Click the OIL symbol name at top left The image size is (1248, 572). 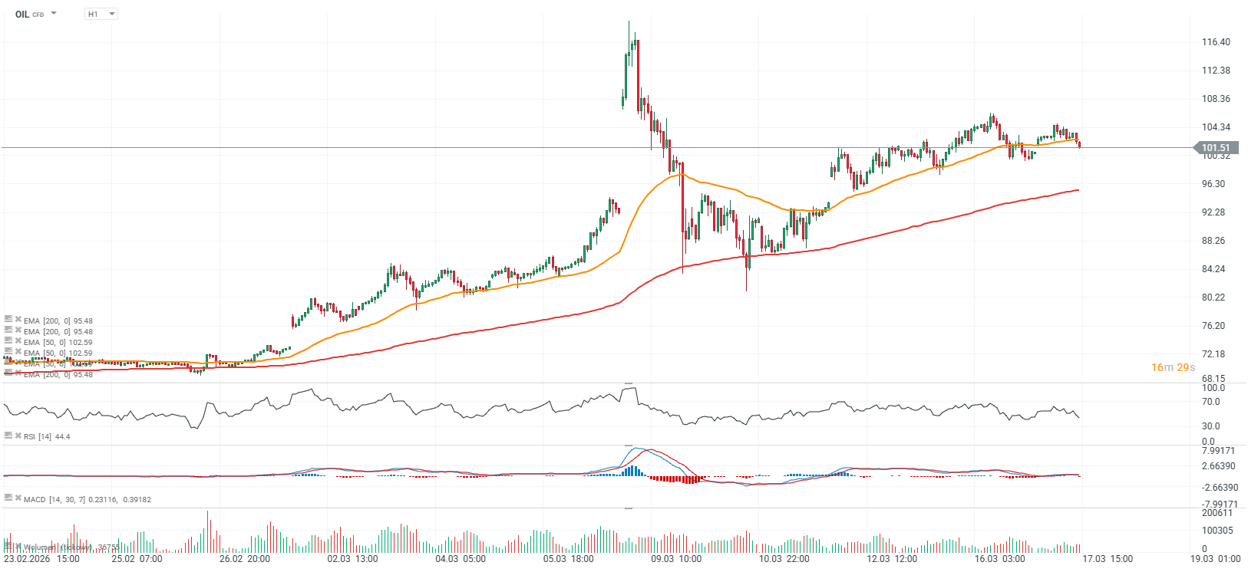click(x=22, y=14)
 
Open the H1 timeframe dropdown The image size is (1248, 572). click(x=101, y=14)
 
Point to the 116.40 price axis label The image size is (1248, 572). click(x=1216, y=42)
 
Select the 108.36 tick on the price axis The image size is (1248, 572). click(x=1216, y=99)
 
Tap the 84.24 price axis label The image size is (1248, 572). click(x=1213, y=269)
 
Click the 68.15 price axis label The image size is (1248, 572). click(x=1213, y=379)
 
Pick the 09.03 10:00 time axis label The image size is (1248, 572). click(x=676, y=559)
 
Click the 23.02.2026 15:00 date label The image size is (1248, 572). click(x=41, y=559)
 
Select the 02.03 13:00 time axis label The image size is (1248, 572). click(x=352, y=559)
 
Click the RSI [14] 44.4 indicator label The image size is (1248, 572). click(x=46, y=437)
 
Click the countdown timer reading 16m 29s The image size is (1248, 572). click(x=1173, y=368)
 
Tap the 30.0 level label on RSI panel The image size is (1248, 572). click(x=1210, y=426)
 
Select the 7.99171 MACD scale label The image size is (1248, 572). click(x=1218, y=451)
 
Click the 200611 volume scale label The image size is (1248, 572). click(x=1217, y=514)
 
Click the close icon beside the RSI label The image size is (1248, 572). click(x=18, y=436)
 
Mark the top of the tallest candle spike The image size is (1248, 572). click(x=629, y=21)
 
